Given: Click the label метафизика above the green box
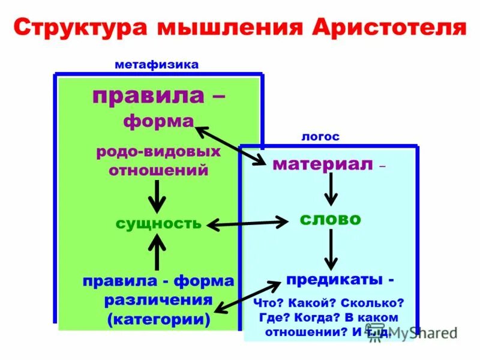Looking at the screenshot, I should point(157,65).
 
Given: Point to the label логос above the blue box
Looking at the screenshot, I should point(320,137).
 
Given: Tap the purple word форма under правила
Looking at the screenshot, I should point(158,121).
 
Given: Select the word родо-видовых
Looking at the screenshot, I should point(158,151).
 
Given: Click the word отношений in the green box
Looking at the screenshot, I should point(158,170).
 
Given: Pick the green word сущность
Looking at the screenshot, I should point(158,224).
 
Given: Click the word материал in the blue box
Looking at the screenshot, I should point(322,164).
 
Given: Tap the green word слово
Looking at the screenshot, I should point(330,219).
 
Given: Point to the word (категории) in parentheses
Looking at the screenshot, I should point(158,319).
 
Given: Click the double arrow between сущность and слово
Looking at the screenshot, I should point(247,224).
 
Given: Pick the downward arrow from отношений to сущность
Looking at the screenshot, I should point(157,195).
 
